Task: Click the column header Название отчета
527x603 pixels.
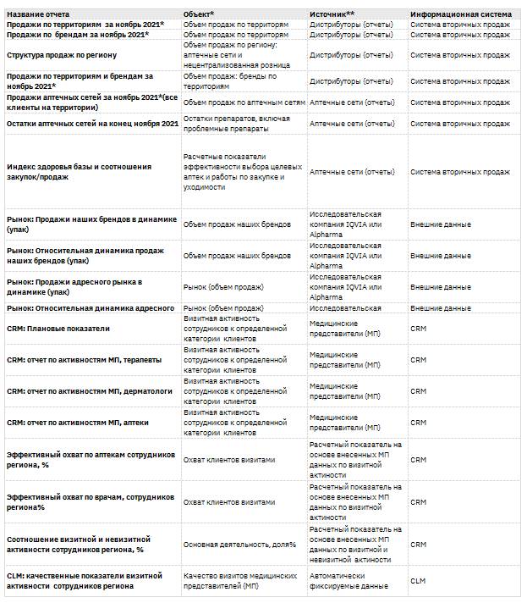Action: pos(38,15)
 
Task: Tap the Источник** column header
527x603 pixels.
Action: pos(332,15)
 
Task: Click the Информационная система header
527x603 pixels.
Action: pos(460,15)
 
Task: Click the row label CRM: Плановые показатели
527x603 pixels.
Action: pos(58,328)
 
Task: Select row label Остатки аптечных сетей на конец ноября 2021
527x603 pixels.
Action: pos(92,124)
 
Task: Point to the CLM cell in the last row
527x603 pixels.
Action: pos(418,580)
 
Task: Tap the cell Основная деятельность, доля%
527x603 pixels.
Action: pos(239,544)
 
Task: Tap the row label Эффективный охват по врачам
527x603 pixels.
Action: pos(89,501)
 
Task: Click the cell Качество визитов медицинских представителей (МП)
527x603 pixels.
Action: pos(240,580)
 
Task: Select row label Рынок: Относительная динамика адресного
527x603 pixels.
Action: pos(91,308)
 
